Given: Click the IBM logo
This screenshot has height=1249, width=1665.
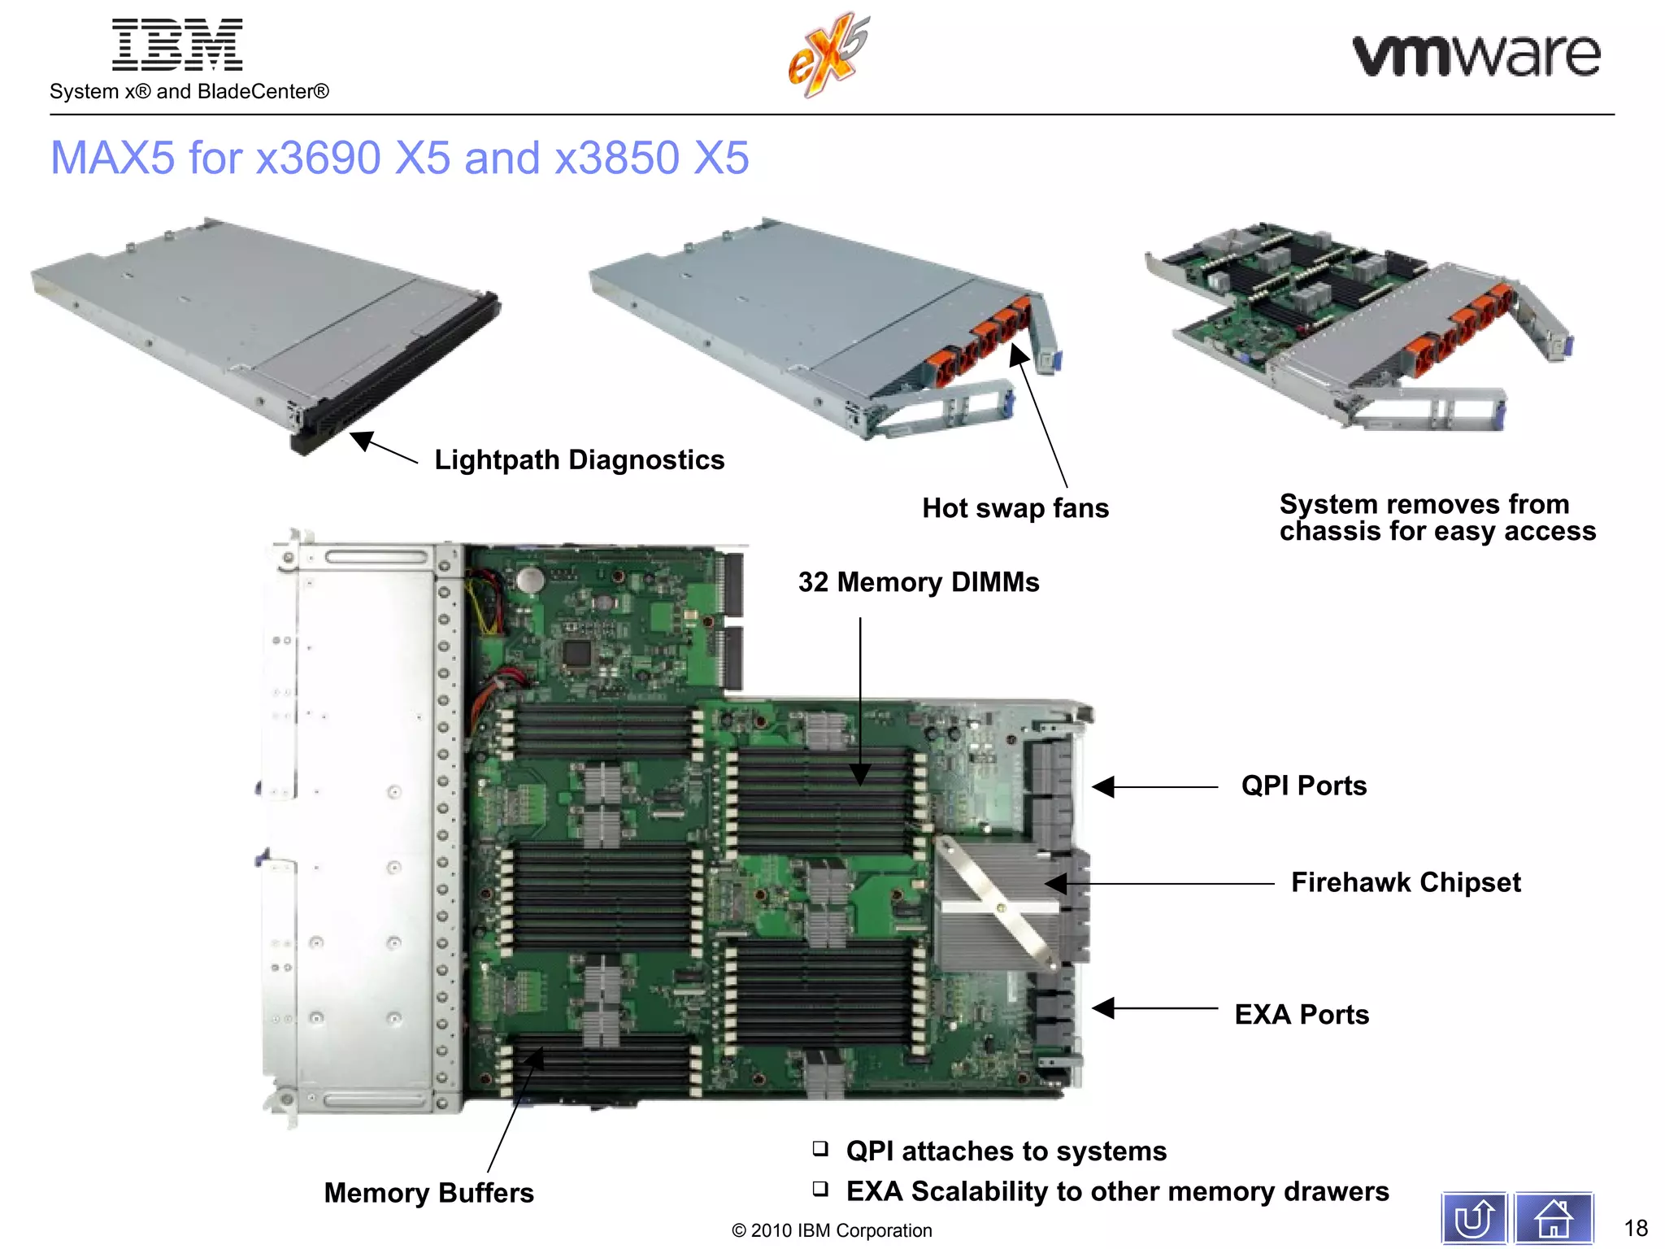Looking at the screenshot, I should coord(177,45).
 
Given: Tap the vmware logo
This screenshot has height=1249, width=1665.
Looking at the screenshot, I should coord(1476,55).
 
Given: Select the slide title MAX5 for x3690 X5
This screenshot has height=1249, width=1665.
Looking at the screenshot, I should coord(399,158).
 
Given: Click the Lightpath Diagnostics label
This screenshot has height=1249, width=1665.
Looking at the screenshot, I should coord(579,460).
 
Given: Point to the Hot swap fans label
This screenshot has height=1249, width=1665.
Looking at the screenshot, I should coord(1015,508).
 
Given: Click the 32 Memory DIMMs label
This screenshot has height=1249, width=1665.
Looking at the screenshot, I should coord(918,582).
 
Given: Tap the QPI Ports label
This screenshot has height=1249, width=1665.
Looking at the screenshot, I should coord(1303,786).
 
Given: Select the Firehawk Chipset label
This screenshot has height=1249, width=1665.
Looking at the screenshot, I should coord(1405,882).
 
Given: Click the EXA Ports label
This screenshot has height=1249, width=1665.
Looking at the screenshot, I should coord(1301,1015).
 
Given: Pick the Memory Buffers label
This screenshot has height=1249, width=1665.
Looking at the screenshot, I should coord(428,1193).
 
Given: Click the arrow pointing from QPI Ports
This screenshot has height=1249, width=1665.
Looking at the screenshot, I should coord(1154,787).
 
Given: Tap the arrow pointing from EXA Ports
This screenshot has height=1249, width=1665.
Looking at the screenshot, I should coord(1154,1008).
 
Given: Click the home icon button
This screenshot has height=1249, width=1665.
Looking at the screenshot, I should coord(1553,1218).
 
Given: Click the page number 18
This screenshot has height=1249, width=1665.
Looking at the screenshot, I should coord(1635,1228).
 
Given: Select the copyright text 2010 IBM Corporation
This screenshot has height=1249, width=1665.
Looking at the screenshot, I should coord(832,1230).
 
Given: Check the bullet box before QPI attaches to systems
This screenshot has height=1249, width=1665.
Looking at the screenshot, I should coord(820,1148).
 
